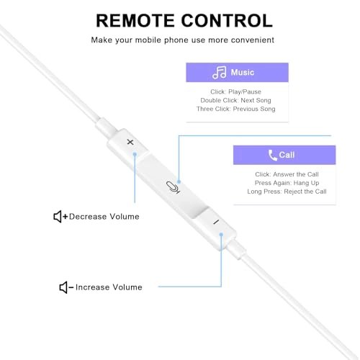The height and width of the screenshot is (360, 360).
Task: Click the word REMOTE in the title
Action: point(135,21)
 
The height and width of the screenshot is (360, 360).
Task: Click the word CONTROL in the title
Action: point(227,21)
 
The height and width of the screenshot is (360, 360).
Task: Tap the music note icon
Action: point(220,73)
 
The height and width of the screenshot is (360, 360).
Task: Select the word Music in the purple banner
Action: point(243,72)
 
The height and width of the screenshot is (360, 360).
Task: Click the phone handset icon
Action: point(273,155)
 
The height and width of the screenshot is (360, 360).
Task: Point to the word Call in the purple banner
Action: point(287,155)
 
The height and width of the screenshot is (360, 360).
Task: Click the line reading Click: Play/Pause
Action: point(235,91)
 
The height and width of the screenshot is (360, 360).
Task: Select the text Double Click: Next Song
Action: point(235,100)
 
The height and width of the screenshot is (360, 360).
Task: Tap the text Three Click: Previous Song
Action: point(235,109)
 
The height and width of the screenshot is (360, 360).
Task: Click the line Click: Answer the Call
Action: point(287,174)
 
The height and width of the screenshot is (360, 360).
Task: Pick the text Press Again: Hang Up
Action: point(287,183)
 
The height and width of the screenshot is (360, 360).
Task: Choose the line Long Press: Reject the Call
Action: point(287,192)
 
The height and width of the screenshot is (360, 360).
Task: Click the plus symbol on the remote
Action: point(130,142)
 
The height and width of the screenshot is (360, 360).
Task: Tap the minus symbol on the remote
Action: point(216,222)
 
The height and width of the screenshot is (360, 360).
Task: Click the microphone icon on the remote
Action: point(173,187)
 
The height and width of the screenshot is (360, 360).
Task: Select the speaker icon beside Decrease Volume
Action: point(58,217)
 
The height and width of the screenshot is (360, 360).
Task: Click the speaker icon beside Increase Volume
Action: point(63,287)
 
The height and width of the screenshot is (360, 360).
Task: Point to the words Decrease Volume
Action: point(104,217)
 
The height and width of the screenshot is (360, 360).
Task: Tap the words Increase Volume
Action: point(109,287)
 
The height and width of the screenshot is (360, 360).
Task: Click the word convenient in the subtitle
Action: point(253,40)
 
